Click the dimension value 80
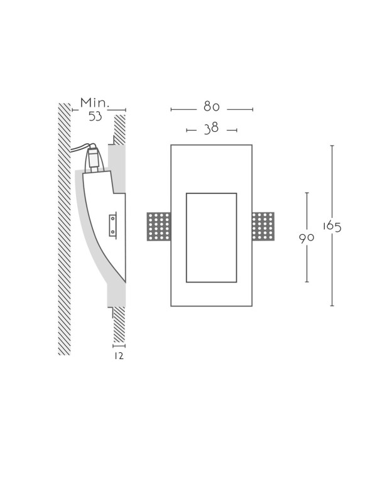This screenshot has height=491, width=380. click(211, 107)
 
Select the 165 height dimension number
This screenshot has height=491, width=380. click(332, 226)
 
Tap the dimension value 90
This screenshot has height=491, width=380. click(307, 238)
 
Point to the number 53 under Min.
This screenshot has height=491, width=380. click(95, 116)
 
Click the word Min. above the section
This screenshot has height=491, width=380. click(95, 102)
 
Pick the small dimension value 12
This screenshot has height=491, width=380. click(119, 356)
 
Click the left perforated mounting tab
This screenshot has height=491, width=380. click(159, 226)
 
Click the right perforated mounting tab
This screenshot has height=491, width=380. click(263, 226)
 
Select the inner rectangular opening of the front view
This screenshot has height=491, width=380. click(211, 237)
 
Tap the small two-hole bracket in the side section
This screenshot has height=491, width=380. click(113, 225)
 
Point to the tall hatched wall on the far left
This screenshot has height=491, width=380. click(64, 229)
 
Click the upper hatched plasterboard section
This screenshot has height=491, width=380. click(119, 129)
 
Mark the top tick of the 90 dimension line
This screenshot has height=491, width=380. click(307, 193)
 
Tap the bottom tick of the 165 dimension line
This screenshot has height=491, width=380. click(332, 306)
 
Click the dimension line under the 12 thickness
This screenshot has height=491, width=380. click(119, 345)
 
